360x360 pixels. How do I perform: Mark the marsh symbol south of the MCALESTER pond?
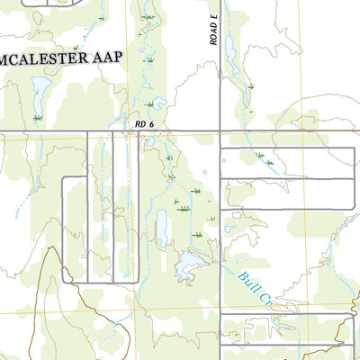coord(38,118)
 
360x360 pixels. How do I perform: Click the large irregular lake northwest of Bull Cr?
coord(190,264)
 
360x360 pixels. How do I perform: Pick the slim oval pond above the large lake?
coord(162,229)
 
